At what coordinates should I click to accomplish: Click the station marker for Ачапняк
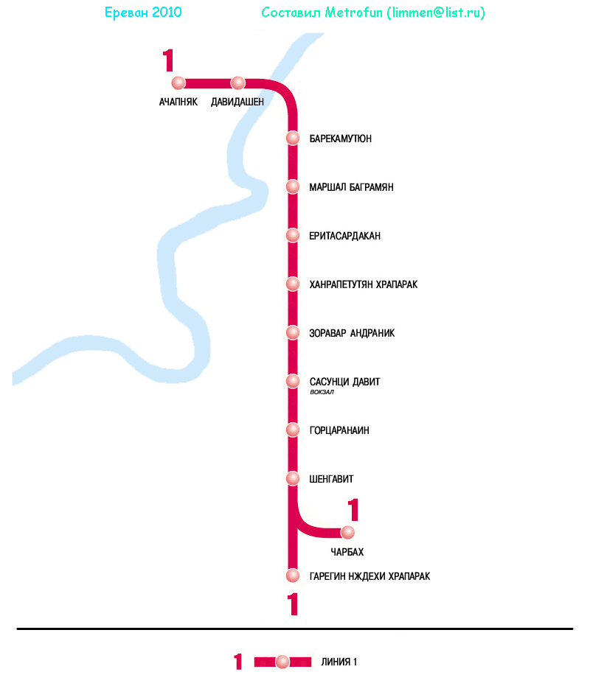178,83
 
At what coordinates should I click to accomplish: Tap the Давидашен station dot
237,83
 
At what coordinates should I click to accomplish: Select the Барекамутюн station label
340,139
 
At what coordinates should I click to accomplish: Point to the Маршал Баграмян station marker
293,186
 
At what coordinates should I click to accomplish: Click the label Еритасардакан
344,236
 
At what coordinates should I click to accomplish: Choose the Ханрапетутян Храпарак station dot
293,284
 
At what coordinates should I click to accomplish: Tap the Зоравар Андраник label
352,333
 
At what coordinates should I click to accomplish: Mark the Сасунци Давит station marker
293,381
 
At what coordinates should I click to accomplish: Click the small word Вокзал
322,393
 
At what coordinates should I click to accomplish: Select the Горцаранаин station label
339,430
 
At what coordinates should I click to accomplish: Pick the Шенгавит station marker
293,478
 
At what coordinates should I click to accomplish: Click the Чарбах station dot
347,532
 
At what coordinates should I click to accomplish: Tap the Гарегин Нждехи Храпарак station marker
293,575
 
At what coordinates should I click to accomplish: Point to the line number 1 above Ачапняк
169,60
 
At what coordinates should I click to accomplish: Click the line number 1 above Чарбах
353,510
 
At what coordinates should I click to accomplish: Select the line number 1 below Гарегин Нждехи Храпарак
294,604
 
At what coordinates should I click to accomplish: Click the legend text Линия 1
339,662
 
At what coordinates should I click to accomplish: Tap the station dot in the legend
282,662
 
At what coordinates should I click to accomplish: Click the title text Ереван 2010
143,13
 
